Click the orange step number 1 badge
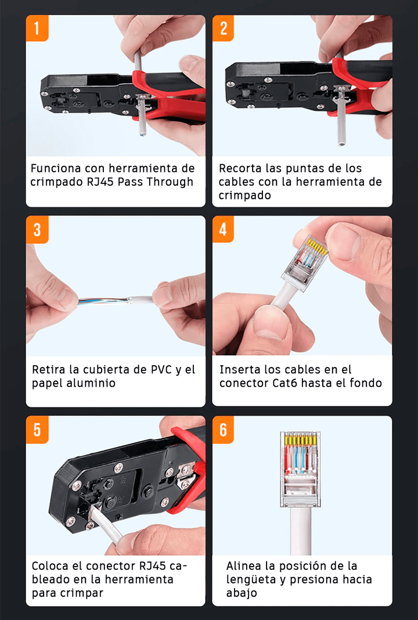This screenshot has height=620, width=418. pyautogui.click(x=37, y=28)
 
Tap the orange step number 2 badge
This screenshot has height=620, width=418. pyautogui.click(x=224, y=28)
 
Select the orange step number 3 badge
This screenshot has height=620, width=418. pyautogui.click(x=37, y=229)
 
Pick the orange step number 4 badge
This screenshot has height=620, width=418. pyautogui.click(x=224, y=229)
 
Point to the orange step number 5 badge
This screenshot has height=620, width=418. pyautogui.click(x=37, y=430)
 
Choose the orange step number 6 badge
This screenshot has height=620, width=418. pyautogui.click(x=224, y=430)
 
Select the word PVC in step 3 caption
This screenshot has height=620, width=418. pyautogui.click(x=159, y=369)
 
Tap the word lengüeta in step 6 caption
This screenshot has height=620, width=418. pyautogui.click(x=251, y=579)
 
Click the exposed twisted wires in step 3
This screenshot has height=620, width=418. pyautogui.click(x=105, y=302)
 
